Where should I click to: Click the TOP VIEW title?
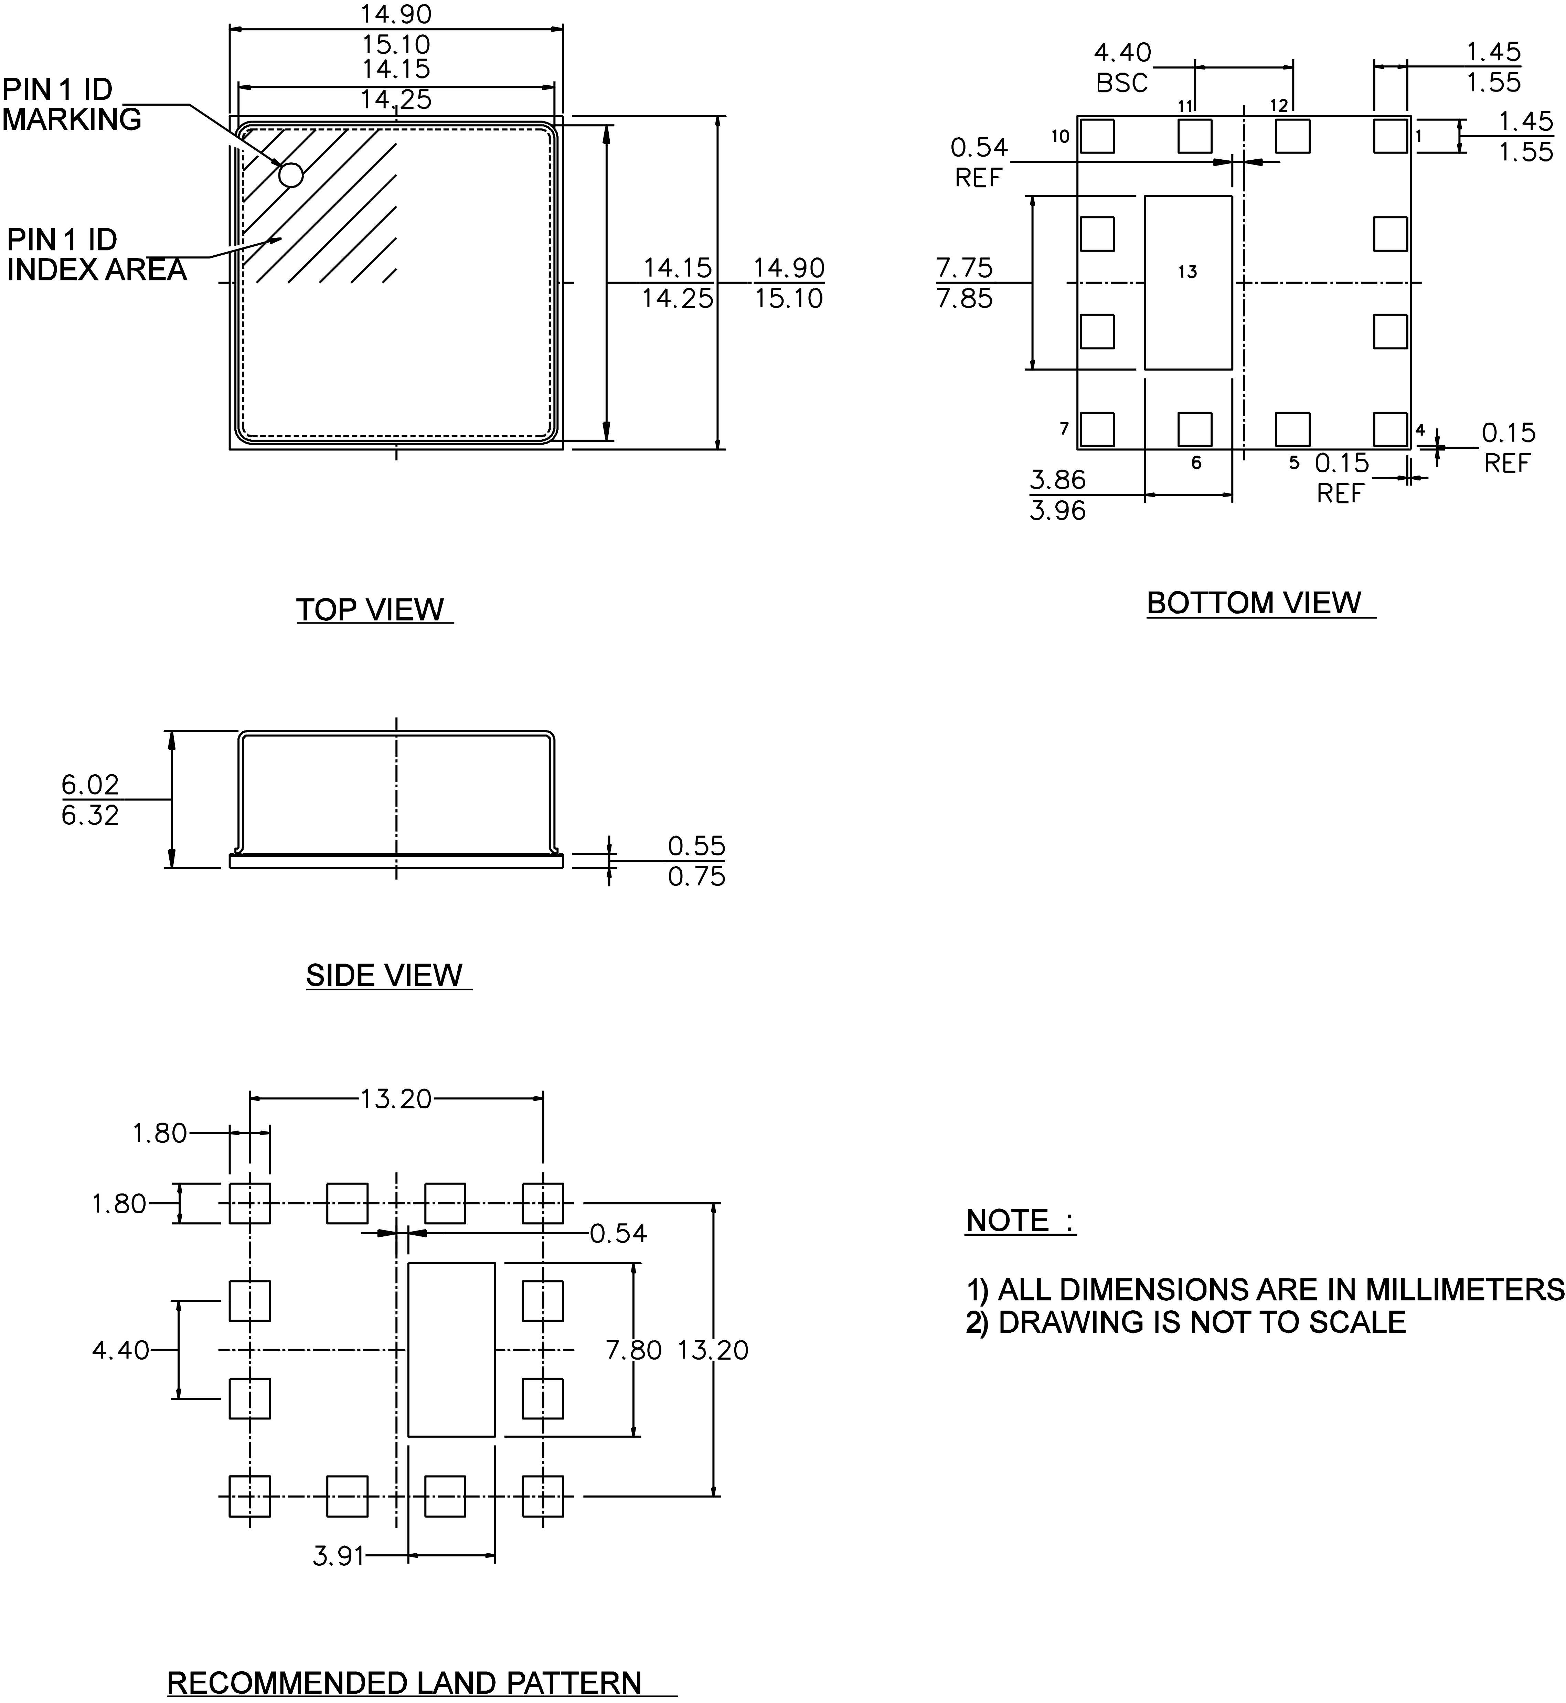coord(370,610)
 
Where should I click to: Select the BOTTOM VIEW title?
coord(1254,603)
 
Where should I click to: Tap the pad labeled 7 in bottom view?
coord(1097,429)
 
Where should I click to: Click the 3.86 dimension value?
coord(1057,480)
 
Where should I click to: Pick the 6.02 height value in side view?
coord(90,785)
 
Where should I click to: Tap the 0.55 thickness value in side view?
coord(696,845)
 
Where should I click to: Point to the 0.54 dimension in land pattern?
coord(619,1234)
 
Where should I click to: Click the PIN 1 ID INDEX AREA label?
coord(97,255)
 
